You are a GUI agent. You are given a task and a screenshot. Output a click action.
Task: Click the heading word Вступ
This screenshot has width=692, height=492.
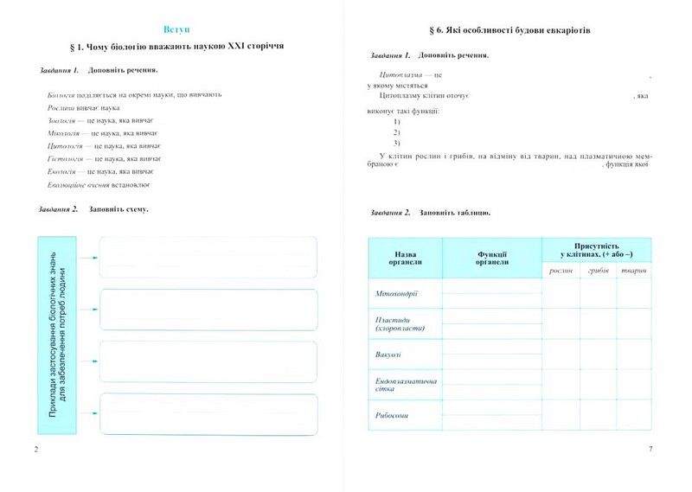(176, 29)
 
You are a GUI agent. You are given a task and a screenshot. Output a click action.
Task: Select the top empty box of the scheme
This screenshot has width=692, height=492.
(208, 257)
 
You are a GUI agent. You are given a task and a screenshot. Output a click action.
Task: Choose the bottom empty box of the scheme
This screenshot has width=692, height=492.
(208, 414)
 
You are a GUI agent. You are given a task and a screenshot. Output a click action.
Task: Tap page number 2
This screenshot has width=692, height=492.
(35, 449)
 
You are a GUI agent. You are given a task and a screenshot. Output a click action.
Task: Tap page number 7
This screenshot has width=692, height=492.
(650, 449)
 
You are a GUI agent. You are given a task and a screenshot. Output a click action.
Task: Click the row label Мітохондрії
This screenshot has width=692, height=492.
(397, 294)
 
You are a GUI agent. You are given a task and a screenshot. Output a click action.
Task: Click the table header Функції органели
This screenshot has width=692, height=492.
(492, 258)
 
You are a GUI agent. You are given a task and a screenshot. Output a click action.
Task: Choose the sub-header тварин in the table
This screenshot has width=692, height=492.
(634, 272)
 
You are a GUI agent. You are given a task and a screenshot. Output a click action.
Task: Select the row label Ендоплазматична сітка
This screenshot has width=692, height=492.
(405, 386)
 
